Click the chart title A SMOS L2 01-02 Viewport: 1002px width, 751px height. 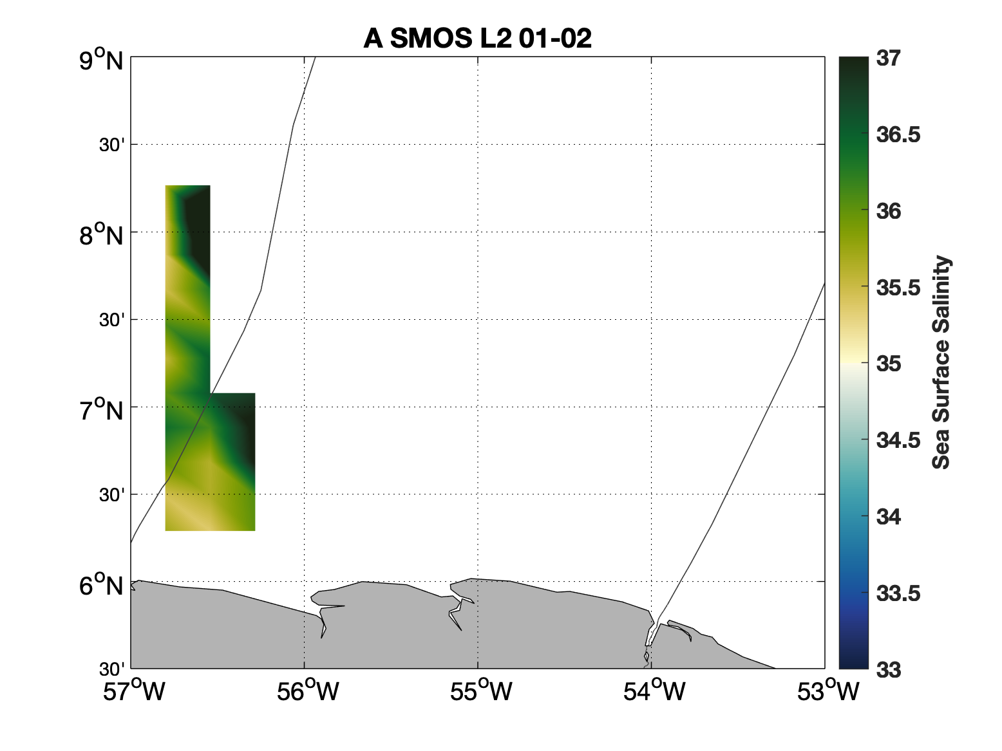[x=477, y=38]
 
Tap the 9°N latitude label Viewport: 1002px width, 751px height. [x=101, y=60]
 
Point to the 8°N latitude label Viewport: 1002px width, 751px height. [x=101, y=235]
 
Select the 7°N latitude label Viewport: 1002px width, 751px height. [x=101, y=409]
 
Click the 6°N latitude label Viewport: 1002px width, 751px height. [x=101, y=584]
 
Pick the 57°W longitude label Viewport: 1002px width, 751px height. [x=134, y=690]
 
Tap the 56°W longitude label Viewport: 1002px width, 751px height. [x=308, y=690]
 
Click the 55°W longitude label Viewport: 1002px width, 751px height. [x=481, y=690]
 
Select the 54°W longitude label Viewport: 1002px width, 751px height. [x=655, y=690]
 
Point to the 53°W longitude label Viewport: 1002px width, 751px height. [x=828, y=690]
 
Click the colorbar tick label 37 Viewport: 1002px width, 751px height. [x=888, y=59]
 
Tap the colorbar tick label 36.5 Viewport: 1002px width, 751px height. [x=898, y=135]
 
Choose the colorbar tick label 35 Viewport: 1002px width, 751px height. [x=888, y=364]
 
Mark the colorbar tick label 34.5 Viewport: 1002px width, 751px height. [x=898, y=441]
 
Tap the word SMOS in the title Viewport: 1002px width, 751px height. [x=431, y=38]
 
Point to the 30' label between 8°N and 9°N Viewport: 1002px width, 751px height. [x=111, y=145]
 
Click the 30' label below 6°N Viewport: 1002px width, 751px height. [x=111, y=669]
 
